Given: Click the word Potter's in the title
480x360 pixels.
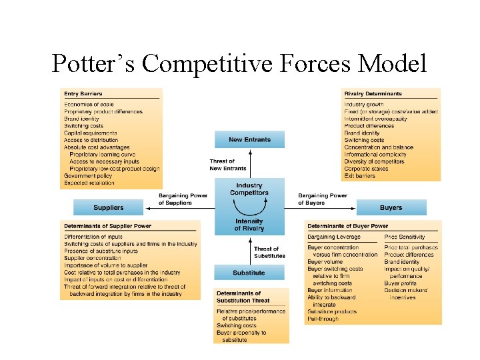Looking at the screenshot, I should pyautogui.click(x=93, y=64).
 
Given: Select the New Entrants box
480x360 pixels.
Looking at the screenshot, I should pyautogui.click(x=249, y=139).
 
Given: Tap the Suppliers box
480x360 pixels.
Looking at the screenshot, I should pyautogui.click(x=108, y=207).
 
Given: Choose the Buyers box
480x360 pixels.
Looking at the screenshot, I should pyautogui.click(x=391, y=207).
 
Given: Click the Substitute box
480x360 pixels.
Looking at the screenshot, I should pyautogui.click(x=249, y=273).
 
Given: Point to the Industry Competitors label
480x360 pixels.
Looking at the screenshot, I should pyautogui.click(x=249, y=189).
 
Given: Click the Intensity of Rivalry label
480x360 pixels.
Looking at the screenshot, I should pyautogui.click(x=249, y=225).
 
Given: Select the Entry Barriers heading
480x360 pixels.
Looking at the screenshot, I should pyautogui.click(x=83, y=93).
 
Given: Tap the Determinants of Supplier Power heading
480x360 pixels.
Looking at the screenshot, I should pyautogui.click(x=107, y=226).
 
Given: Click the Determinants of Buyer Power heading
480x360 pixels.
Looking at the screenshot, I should pyautogui.click(x=347, y=226).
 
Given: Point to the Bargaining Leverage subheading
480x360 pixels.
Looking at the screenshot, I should pyautogui.click(x=333, y=237).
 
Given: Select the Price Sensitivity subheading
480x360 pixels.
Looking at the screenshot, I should pyautogui.click(x=405, y=237).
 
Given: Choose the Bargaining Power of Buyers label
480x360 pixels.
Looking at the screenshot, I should pyautogui.click(x=323, y=199).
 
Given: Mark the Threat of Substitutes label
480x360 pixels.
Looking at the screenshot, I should pyautogui.click(x=269, y=252).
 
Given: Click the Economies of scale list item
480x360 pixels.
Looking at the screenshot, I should pyautogui.click(x=89, y=105).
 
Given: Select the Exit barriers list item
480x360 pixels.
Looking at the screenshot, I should pyautogui.click(x=360, y=176).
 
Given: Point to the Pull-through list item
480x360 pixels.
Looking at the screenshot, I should pyautogui.click(x=323, y=319).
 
